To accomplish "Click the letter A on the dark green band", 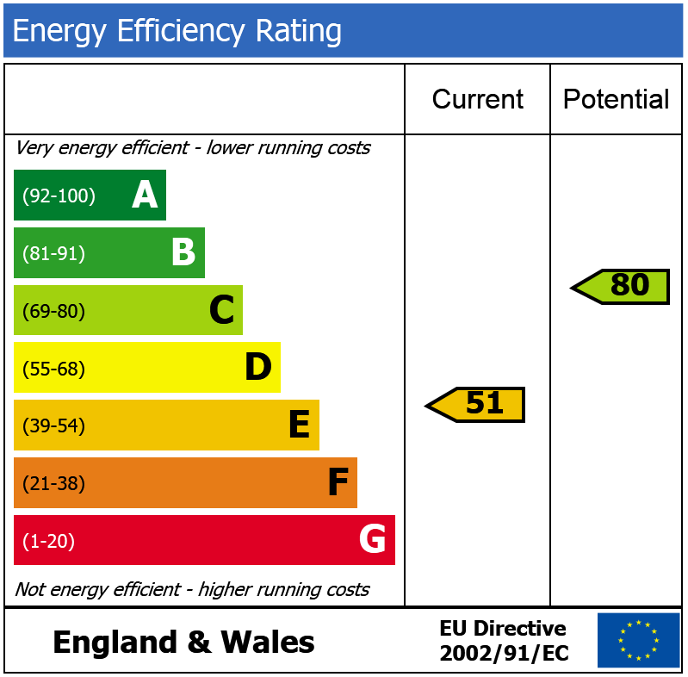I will (x=145, y=196).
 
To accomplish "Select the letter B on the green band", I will (x=183, y=253).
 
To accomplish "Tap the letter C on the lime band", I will (x=221, y=310).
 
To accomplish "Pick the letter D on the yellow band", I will (x=258, y=368).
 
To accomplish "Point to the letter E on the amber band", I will (x=298, y=425).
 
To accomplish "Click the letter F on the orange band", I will (x=338, y=483).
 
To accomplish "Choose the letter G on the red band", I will (x=372, y=540).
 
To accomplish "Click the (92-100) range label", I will (x=59, y=196).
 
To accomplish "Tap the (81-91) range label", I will (x=53, y=254).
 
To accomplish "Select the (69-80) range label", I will (x=53, y=311).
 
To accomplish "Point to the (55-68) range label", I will (x=53, y=369).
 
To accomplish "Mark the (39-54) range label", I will (x=53, y=426).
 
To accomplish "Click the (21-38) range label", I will (x=53, y=484).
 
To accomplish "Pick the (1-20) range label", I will (x=48, y=542).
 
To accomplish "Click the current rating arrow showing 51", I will (x=477, y=404).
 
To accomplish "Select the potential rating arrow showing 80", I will (x=622, y=286).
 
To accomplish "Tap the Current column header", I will (x=477, y=100).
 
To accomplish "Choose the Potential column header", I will (x=616, y=100).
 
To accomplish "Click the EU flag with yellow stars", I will (x=638, y=640).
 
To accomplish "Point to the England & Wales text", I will (x=183, y=643).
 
